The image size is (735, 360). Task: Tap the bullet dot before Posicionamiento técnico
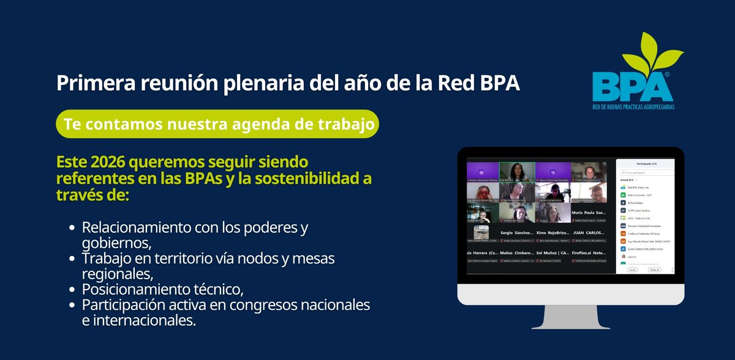(72, 290)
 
